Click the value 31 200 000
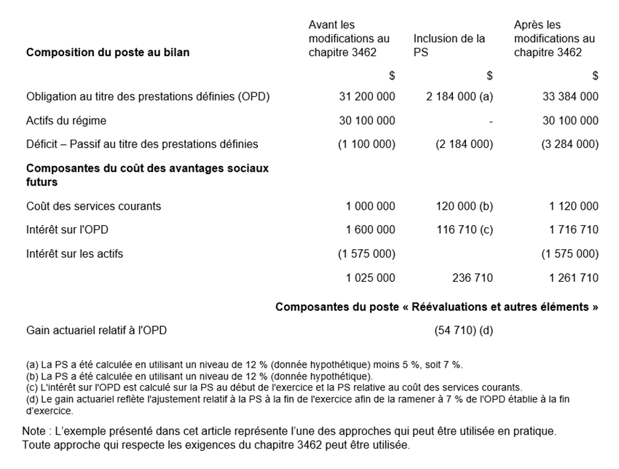[x=367, y=96]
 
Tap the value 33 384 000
[x=570, y=96]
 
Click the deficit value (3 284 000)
[x=570, y=144]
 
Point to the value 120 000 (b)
[x=465, y=206]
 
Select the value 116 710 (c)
[x=465, y=230]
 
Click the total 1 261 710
[x=574, y=277]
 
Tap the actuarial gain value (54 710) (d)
[x=464, y=331]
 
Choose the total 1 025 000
[x=371, y=277]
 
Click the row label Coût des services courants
[x=93, y=206]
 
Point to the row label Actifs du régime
[x=66, y=121]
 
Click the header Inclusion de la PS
[x=449, y=46]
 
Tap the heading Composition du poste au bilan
[x=108, y=52]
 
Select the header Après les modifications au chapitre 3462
[x=554, y=39]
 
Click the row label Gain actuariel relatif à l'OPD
[x=96, y=331]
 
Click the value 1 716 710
[x=574, y=230]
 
